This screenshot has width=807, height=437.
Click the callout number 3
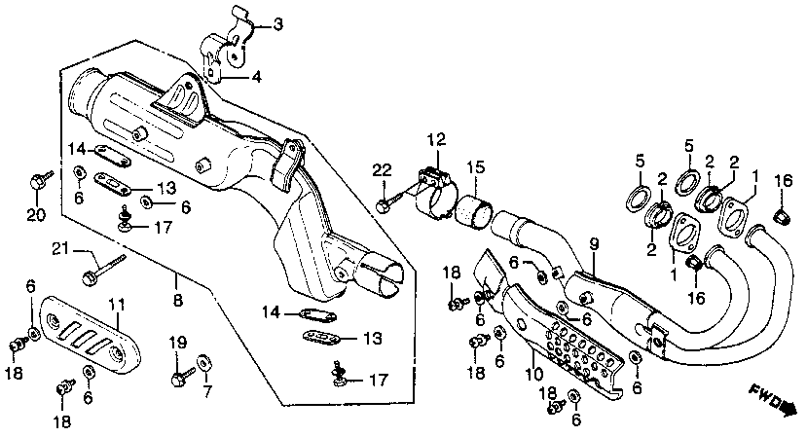point(250,24)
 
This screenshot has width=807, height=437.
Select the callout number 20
point(35,214)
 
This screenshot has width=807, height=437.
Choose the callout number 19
point(178,342)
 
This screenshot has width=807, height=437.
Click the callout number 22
point(380,171)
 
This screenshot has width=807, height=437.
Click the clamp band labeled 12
point(435,195)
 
